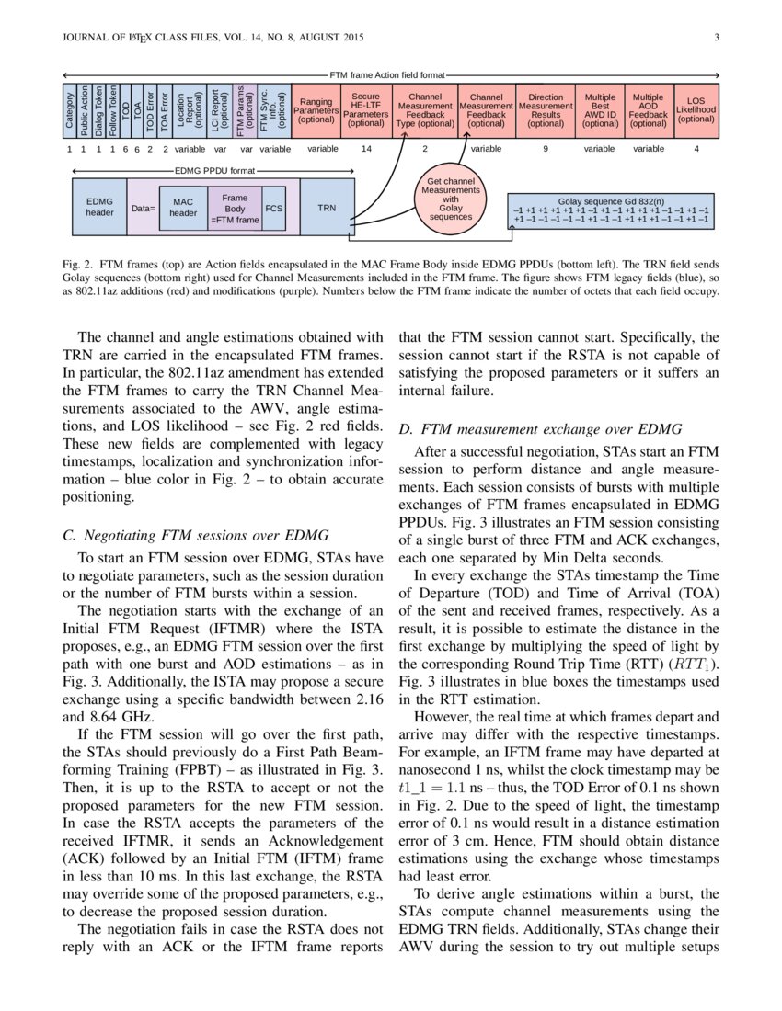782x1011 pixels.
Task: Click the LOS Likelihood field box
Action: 696,109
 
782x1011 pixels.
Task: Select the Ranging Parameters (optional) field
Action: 316,109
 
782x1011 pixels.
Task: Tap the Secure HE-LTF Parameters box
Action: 366,109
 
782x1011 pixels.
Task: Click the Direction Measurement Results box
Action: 546,109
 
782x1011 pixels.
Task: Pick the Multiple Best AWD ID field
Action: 600,109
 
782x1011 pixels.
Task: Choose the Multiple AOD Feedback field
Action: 649,109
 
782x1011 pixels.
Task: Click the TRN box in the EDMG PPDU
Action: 327,208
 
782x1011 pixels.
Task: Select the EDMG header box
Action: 99,208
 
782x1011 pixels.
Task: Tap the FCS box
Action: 274,208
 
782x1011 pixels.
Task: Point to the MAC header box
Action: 183,208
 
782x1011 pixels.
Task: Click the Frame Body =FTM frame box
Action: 235,208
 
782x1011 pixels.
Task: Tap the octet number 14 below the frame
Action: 366,148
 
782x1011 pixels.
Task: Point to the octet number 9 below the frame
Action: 546,148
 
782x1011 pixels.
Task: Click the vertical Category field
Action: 69,109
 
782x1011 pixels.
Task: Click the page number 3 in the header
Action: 716,37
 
